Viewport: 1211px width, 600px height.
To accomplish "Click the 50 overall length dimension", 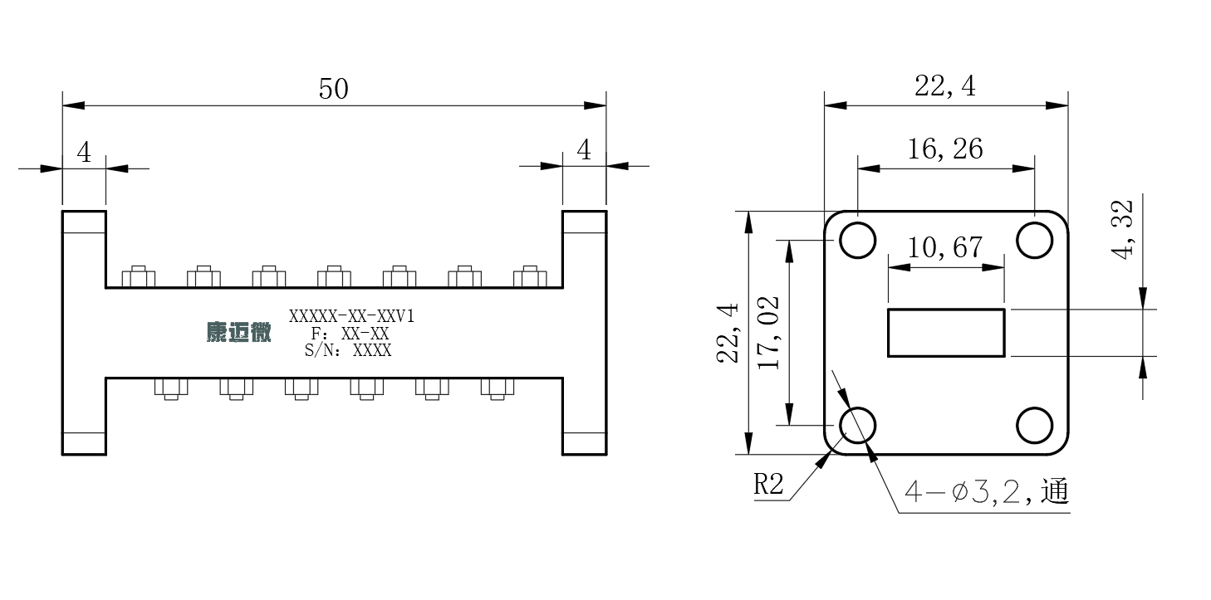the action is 334,89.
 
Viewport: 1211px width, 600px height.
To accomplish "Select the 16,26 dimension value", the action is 945,149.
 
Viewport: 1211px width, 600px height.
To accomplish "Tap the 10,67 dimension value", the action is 945,248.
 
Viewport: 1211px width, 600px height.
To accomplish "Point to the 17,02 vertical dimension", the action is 769,333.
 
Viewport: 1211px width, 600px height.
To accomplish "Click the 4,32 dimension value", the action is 1122,230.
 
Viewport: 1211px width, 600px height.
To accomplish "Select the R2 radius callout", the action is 768,484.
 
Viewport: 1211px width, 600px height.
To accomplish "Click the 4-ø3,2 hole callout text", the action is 987,491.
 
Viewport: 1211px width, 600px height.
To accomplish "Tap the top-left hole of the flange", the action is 858,241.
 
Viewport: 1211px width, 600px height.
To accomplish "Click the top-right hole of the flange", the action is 1034,241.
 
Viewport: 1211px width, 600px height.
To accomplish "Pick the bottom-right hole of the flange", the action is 1034,425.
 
